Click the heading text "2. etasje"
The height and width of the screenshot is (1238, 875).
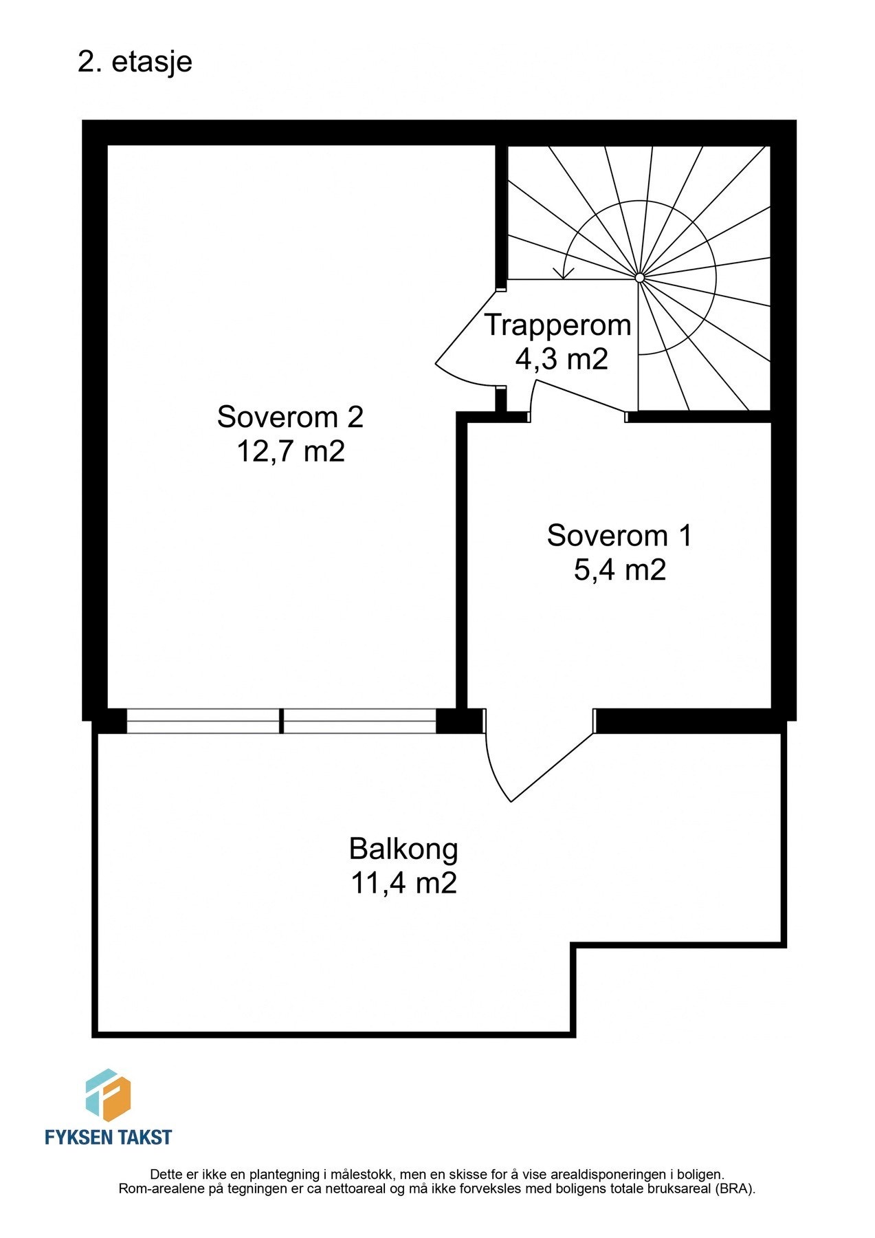tap(135, 63)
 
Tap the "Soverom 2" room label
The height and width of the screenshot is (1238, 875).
tap(289, 417)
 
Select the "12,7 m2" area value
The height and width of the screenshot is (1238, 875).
tap(290, 452)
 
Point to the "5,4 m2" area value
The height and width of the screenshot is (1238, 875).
tap(619, 570)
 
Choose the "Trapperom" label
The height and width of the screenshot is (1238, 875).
tap(557, 325)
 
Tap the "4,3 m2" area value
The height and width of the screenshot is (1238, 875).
tap(562, 359)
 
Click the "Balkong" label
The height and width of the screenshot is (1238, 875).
tap(403, 849)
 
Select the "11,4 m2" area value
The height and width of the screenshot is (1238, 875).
tap(403, 883)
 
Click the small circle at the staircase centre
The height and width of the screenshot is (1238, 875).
tap(639, 278)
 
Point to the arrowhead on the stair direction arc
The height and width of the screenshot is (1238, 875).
tap(564, 274)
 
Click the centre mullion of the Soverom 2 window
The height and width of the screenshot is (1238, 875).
tap(281, 721)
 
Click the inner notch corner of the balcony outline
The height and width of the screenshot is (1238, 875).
tap(573, 946)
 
